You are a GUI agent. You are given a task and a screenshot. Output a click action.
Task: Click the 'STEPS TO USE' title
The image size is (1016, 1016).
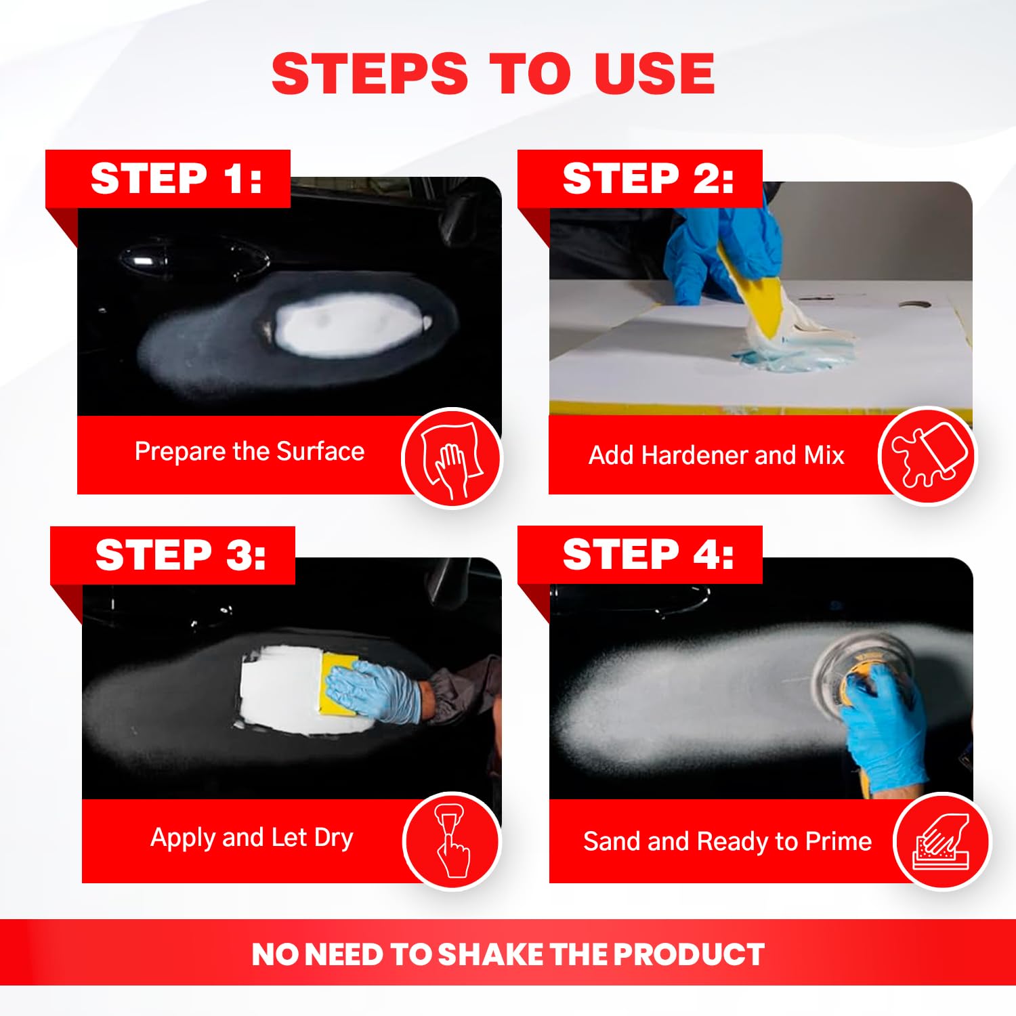pyautogui.click(x=493, y=73)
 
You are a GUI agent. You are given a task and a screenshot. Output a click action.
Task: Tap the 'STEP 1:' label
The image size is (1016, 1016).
pyautogui.click(x=175, y=179)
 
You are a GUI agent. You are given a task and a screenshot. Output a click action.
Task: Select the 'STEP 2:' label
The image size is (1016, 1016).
pyautogui.click(x=648, y=179)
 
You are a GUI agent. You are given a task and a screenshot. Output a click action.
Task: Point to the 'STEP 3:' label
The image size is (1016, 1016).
pyautogui.click(x=180, y=555)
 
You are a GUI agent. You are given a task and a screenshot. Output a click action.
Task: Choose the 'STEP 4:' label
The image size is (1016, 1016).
pyautogui.click(x=648, y=555)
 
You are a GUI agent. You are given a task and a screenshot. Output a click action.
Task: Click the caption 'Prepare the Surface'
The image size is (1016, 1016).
pyautogui.click(x=249, y=451)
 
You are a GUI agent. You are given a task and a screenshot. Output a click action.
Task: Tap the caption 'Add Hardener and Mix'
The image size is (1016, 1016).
pyautogui.click(x=716, y=455)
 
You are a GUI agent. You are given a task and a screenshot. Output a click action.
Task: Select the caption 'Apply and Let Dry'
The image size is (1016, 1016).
pyautogui.click(x=252, y=838)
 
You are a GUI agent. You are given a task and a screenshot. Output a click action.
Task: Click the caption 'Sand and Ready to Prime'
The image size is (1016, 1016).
pyautogui.click(x=727, y=841)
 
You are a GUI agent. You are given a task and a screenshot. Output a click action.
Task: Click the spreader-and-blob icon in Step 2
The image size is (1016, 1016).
pyautogui.click(x=927, y=455)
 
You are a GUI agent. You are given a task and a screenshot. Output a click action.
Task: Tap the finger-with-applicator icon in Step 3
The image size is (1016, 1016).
pyautogui.click(x=451, y=841)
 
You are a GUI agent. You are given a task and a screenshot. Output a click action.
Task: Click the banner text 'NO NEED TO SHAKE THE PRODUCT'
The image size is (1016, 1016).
pyautogui.click(x=507, y=954)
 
